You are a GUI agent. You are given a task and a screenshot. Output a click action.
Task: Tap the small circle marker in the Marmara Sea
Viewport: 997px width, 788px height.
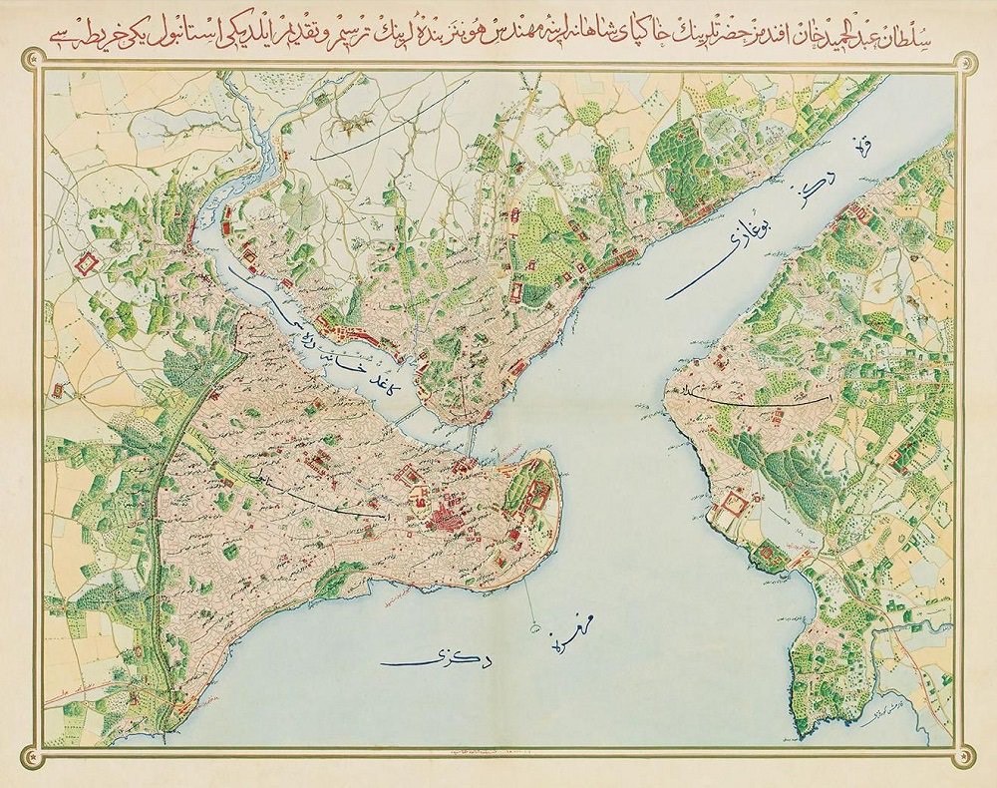click(x=535, y=627)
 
